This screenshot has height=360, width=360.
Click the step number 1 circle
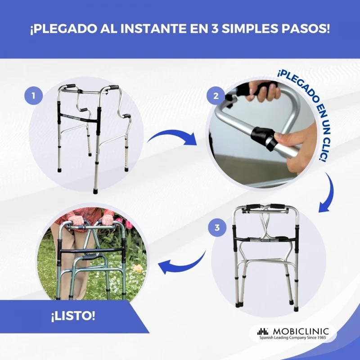coord(33,95)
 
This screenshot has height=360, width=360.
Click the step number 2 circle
coord(216,95)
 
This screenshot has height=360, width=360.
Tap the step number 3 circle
coord(217,228)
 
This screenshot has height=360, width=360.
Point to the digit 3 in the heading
coord(214,29)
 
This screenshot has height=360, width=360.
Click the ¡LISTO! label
coord(73,316)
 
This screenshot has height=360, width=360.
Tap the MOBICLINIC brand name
coord(301,332)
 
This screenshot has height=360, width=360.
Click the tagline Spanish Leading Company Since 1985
coord(292,337)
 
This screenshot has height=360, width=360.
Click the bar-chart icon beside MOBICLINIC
coord(263,332)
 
